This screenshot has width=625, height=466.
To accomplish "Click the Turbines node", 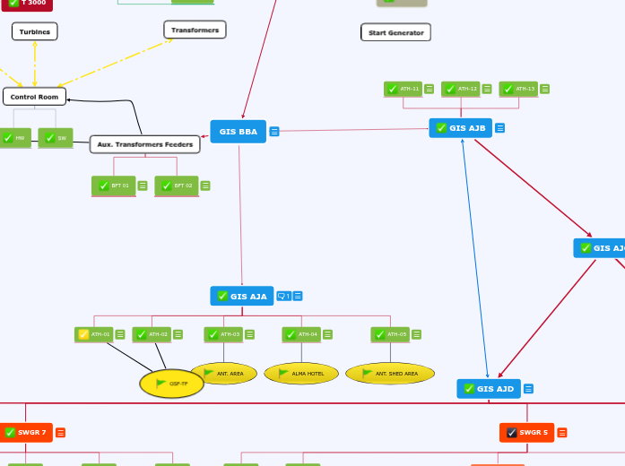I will [35, 32].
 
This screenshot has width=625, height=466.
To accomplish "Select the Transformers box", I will [195, 30].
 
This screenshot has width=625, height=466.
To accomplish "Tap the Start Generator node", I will [395, 33].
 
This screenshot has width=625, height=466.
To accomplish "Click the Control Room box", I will [34, 97].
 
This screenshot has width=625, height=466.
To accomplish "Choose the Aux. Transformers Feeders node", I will [144, 144].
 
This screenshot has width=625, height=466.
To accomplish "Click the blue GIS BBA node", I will [238, 132].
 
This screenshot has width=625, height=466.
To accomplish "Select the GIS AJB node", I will [460, 128].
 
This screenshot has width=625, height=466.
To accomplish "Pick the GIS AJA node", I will [242, 296].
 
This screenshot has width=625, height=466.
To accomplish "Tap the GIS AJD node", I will [489, 389].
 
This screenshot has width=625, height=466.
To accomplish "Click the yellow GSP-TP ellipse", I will [171, 384].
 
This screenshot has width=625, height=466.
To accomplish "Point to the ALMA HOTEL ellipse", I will [301, 374].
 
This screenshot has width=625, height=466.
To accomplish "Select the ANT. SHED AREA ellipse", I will [389, 374].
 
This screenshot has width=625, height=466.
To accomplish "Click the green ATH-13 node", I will [518, 89].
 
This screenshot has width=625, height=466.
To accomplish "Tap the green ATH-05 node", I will [390, 334].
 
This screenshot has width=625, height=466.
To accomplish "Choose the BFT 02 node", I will [177, 186].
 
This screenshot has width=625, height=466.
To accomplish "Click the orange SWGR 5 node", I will [527, 433].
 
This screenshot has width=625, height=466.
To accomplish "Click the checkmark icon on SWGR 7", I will [10, 433].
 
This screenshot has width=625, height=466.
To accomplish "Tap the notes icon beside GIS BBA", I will [274, 132].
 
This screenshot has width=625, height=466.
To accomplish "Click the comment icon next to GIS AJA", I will [282, 296].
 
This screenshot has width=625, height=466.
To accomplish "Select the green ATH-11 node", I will [403, 89].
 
